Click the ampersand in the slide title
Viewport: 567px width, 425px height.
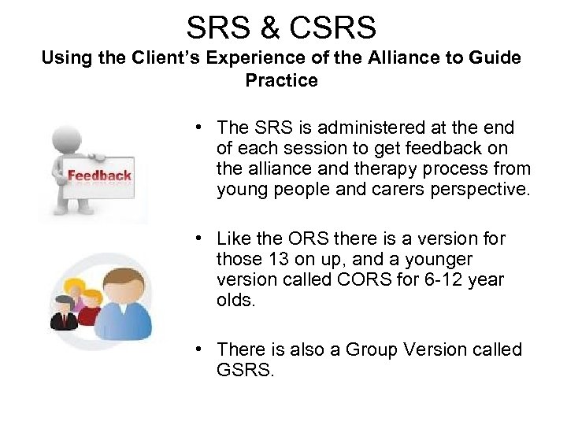point(261,28)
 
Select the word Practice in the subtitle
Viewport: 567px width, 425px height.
point(282,80)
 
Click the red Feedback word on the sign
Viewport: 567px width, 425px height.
point(99,176)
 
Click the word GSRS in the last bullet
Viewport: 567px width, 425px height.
point(243,369)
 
